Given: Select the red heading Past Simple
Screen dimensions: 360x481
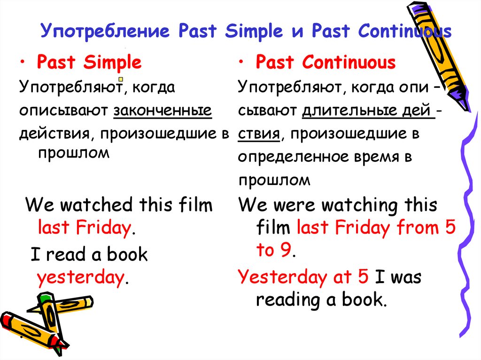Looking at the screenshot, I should pos(89,62).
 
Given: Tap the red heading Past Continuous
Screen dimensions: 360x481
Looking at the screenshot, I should pos(326,62).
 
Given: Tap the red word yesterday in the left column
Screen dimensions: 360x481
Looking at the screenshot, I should pos(80,278).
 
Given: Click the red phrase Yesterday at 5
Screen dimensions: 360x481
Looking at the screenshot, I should pos(303,277).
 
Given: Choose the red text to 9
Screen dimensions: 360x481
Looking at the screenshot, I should pos(274,251).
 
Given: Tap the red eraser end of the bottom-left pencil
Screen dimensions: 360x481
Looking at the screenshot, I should pos(6,319).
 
